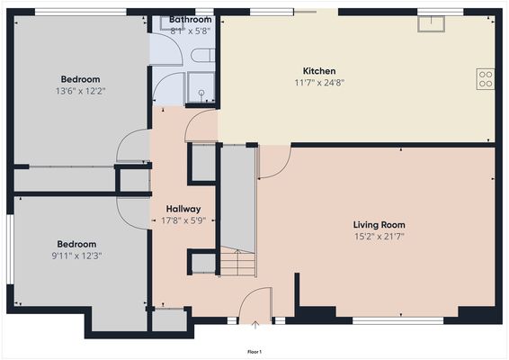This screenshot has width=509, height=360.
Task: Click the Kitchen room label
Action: [319, 70]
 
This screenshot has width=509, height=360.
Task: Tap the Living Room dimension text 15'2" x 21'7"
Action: [379, 237]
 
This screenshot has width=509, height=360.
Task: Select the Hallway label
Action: [183, 209]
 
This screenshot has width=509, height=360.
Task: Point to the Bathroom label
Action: [190, 19]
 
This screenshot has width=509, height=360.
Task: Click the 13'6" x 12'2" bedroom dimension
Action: [79, 91]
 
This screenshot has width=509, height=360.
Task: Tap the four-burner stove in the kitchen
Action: [486, 78]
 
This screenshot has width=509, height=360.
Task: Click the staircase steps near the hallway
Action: [238, 265]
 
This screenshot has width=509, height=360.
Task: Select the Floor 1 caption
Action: [254, 351]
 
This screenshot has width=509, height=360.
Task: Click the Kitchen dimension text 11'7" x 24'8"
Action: [319, 82]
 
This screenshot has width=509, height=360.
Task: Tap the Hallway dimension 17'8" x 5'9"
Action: [183, 220]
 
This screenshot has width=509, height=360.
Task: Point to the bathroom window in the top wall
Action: [204, 13]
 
